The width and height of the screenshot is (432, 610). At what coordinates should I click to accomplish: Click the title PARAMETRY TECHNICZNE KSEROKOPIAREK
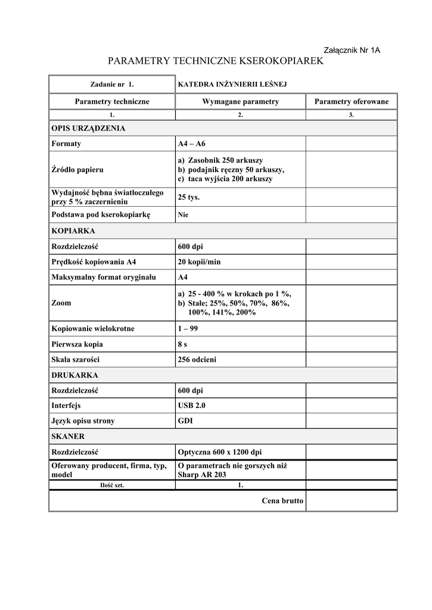coord(215,61)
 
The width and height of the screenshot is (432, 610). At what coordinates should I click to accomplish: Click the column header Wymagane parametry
coord(240,102)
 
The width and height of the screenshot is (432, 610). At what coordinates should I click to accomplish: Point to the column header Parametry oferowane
coord(351,102)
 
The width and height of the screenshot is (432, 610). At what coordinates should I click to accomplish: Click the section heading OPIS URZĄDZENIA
coord(88,128)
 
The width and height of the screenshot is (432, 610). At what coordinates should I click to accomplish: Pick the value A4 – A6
coord(191,144)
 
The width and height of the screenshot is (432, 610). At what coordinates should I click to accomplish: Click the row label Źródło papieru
coord(77,170)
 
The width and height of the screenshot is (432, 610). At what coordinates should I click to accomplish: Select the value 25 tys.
coord(189,197)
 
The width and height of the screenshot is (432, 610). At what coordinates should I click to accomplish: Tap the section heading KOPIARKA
coord(74,231)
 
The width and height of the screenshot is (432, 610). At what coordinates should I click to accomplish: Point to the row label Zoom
coord(61,303)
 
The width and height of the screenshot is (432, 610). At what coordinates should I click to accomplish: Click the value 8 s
coord(184,344)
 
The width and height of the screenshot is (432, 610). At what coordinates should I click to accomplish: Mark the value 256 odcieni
coord(197,360)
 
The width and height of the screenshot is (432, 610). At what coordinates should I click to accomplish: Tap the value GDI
coord(185,421)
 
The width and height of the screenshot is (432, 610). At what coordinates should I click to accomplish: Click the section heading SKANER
coord(68,437)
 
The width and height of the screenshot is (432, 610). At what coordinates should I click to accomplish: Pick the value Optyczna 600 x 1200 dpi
coord(219,452)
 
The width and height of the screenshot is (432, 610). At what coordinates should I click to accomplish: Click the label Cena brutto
coord(282,501)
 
